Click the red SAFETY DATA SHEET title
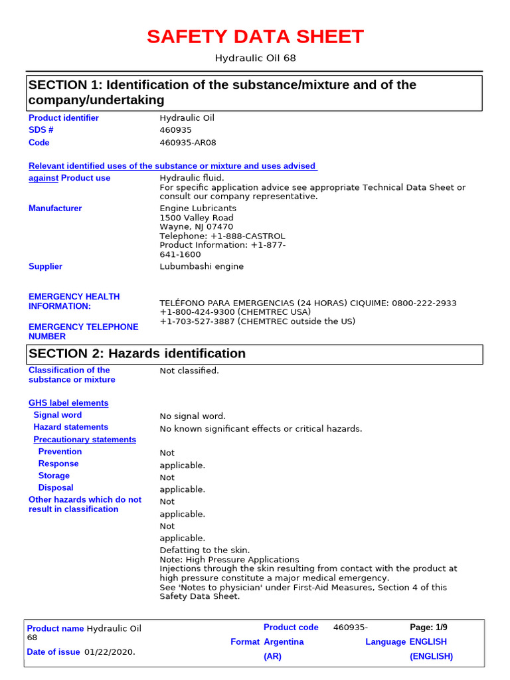point(255,37)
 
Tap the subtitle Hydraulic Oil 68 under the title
point(255,58)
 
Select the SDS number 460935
point(175,130)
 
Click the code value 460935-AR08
point(188,143)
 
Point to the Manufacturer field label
point(55,209)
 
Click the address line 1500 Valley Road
point(197,218)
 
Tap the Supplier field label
point(45,266)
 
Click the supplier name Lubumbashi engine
point(202,266)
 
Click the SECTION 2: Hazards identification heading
point(137,354)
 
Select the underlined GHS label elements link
point(68,403)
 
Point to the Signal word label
point(58,415)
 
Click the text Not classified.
point(189,371)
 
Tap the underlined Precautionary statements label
point(84,440)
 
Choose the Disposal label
point(56,487)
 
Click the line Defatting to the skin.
point(205,550)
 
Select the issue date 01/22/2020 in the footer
point(109,652)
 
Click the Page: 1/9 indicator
point(428,628)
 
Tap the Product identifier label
point(63,118)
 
